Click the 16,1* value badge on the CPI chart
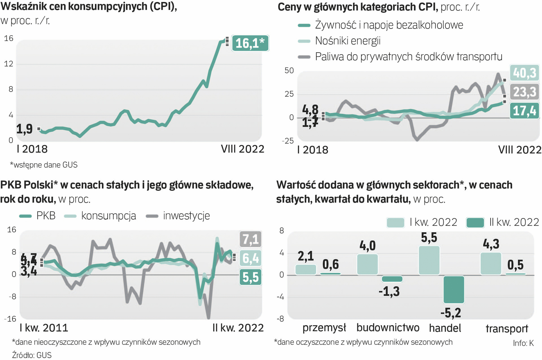coord(250,43)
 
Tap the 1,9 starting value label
coord(25,129)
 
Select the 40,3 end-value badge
coord(525,73)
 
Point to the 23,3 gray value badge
coord(525,92)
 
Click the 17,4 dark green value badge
coord(525,111)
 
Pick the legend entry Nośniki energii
coord(347,41)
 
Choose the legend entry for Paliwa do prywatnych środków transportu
coord(408,57)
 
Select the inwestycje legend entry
coord(186,216)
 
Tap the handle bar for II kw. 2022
coord(454,289)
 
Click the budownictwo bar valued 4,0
coord(367,264)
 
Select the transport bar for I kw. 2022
coord(491,264)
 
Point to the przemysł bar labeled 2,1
coord(305,269)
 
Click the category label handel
coord(445,328)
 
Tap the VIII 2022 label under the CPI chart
coord(243,149)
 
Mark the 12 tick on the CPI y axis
coord(9,64)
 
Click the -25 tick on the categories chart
coord(288,141)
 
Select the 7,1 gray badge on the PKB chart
coord(251,239)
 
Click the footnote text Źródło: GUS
coord(32,355)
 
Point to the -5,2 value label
coord(451,313)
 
